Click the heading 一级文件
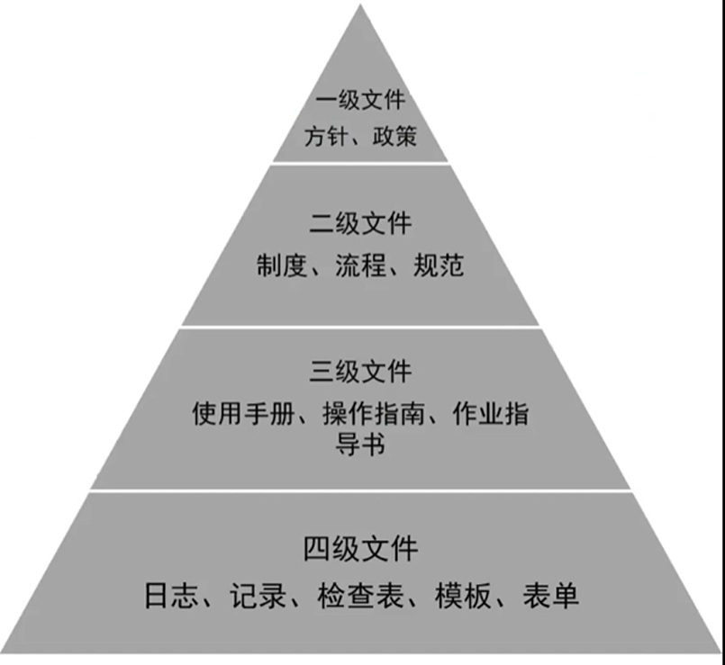coord(360,100)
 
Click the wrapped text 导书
coord(360,444)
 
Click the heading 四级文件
coord(360,548)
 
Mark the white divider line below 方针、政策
coord(360,162)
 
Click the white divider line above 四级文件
coord(360,490)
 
